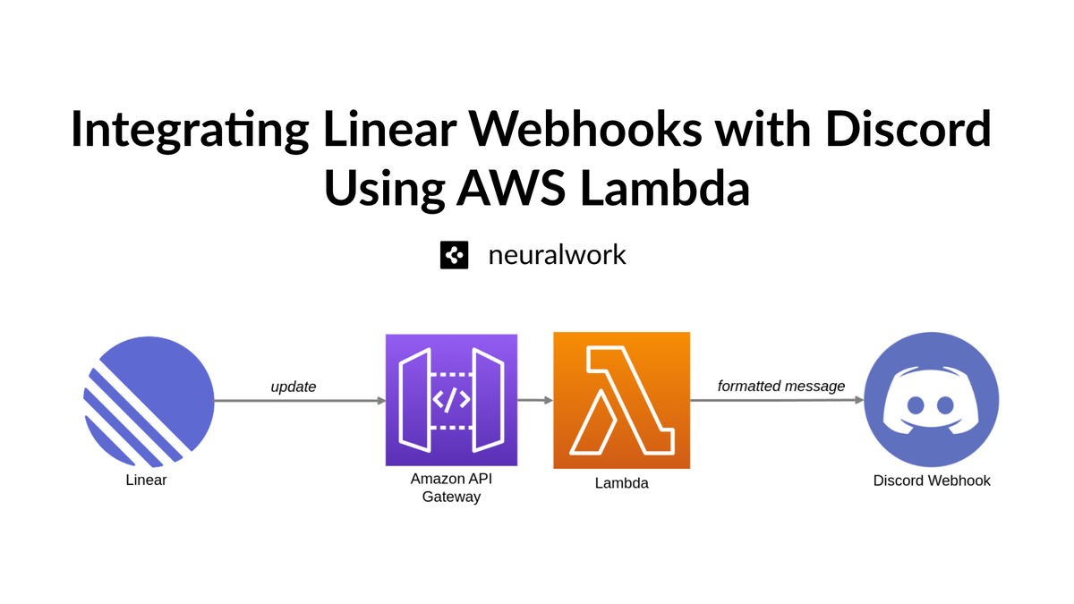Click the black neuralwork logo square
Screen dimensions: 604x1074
455,255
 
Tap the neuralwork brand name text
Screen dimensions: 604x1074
557,255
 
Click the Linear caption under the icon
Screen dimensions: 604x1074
147,481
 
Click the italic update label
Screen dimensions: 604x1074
294,387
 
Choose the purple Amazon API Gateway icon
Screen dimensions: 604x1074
451,400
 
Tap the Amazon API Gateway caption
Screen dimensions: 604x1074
451,488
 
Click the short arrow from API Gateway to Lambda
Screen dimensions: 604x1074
535,401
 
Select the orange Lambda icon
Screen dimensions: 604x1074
621,400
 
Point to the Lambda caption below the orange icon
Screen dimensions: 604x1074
621,483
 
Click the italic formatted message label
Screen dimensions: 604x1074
781,387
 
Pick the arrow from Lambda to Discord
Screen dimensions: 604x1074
777,401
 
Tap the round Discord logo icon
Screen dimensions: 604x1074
932,401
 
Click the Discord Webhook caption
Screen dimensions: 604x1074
932,481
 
